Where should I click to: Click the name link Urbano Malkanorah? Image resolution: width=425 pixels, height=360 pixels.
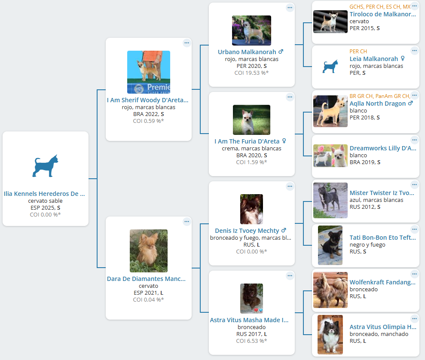pyautogui.click(x=247, y=52)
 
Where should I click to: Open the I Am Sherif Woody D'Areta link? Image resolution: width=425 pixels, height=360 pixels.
pyautogui.click(x=147, y=100)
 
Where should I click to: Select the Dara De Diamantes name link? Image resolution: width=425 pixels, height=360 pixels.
pyautogui.click(x=147, y=279)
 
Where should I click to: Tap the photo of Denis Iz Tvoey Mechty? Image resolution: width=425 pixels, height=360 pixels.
pyautogui.click(x=251, y=209)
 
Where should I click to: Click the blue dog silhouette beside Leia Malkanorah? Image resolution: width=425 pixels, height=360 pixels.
pyautogui.click(x=330, y=66)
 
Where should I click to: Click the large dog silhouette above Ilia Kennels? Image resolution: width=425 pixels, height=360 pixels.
pyautogui.click(x=45, y=166)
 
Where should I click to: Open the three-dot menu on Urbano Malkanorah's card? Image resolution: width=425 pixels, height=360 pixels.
pyautogui.click(x=290, y=8)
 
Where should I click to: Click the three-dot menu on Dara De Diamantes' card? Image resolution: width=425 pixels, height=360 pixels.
pyautogui.click(x=187, y=222)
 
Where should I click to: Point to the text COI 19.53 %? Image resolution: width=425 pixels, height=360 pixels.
pyautogui.click(x=251, y=73)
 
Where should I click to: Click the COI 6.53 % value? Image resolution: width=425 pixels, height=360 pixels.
pyautogui.click(x=251, y=341)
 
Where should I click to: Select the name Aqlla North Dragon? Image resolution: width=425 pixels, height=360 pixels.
pyautogui.click(x=378, y=104)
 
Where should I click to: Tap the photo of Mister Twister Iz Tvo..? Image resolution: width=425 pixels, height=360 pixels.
pyautogui.click(x=330, y=201)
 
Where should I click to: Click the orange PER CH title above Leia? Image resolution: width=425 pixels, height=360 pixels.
pyautogui.click(x=358, y=52)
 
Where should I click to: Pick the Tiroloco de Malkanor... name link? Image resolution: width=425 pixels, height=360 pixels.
pyautogui.click(x=383, y=14)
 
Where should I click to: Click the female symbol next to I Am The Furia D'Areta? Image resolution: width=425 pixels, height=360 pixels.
pyautogui.click(x=284, y=141)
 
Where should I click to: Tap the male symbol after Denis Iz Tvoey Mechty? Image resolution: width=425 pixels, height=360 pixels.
pyautogui.click(x=284, y=231)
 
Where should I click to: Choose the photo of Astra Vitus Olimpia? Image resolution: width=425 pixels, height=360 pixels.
pyautogui.click(x=330, y=335)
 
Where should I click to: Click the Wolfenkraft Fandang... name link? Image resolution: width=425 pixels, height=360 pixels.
pyautogui.click(x=382, y=282)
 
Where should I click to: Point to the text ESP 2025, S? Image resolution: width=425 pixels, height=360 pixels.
pyautogui.click(x=45, y=208)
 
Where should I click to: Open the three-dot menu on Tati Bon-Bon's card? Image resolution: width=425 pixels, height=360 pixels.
pyautogui.click(x=414, y=229)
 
